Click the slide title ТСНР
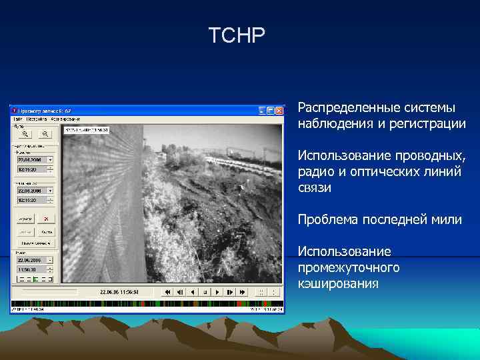[x=237, y=35]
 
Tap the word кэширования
[x=339, y=284]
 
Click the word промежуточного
[x=349, y=267]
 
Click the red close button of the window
[x=279, y=110]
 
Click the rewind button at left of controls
[x=168, y=292]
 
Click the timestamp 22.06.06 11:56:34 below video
[x=119, y=292]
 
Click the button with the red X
[x=45, y=218]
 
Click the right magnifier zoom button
[x=45, y=133]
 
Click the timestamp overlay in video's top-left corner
[x=85, y=130]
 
